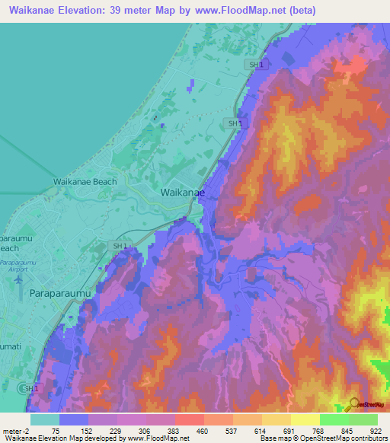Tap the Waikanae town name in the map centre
(181, 193)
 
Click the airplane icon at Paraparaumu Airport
(18, 279)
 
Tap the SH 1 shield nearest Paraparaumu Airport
(120, 247)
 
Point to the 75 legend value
(56, 430)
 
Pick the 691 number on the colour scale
(289, 430)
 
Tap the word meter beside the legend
(13, 430)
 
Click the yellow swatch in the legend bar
(305, 419)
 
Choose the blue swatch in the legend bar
(74, 419)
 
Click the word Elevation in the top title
(84, 11)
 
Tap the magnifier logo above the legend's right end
(353, 403)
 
